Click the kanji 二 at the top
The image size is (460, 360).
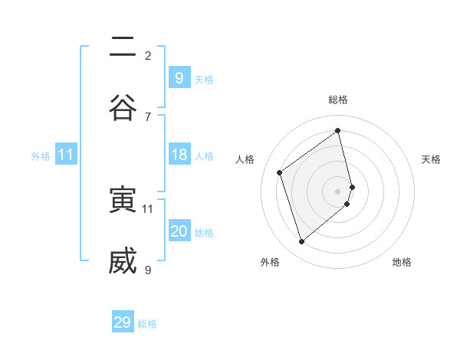click(123, 48)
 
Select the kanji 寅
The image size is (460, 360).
click(123, 201)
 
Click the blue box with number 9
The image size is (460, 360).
click(179, 77)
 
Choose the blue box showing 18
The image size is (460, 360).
click(179, 155)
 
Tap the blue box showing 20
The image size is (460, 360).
click(179, 231)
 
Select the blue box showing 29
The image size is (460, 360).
click(123, 322)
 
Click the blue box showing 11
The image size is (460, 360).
click(66, 155)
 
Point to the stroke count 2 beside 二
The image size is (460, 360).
click(148, 55)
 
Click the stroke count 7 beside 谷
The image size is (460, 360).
click(148, 116)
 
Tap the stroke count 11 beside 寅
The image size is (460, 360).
click(148, 208)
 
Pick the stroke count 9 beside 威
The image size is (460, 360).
click(148, 270)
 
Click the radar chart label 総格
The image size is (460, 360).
click(338, 100)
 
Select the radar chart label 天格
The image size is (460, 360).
click(431, 159)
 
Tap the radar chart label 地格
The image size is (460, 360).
click(402, 262)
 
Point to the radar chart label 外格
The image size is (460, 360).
click(270, 262)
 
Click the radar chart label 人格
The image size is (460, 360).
click(245, 159)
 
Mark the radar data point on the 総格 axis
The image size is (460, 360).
click(338, 130)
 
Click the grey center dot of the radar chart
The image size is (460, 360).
click(338, 190)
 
